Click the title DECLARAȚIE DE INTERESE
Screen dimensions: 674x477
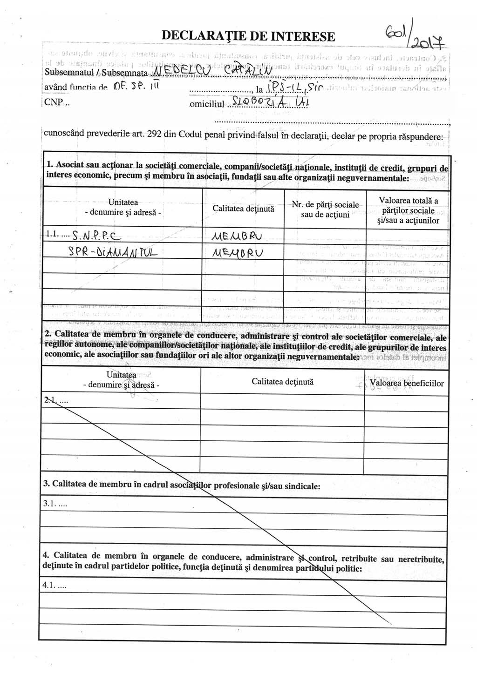248,36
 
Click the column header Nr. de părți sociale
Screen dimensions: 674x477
325,209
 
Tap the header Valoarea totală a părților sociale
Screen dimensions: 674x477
408,210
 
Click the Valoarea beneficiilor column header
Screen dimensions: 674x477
407,383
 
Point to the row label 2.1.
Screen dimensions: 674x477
55,400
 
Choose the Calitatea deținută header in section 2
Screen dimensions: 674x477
282,382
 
